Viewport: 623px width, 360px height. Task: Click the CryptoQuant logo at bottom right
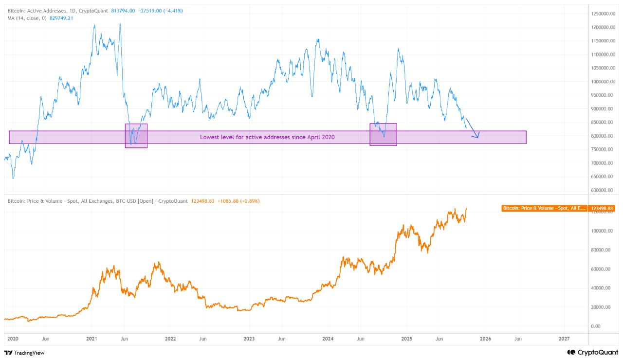tap(593, 352)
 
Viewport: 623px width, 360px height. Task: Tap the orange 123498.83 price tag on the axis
tap(602, 208)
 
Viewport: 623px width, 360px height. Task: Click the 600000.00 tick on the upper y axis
tap(604, 190)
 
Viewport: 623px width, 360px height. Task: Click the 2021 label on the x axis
tap(92, 338)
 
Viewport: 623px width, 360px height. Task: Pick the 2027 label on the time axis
tap(564, 338)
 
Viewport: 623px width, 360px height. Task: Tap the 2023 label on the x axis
tap(249, 338)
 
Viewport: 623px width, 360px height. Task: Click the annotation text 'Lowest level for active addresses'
tap(267, 138)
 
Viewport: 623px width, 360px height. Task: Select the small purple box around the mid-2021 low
tap(136, 136)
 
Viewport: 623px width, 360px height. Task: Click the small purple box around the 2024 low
tap(384, 135)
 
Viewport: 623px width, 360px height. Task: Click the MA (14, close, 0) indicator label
tap(26, 18)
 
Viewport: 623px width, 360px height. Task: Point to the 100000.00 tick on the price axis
tap(602, 231)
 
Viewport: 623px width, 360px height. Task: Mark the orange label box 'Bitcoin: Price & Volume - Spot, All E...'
tap(544, 208)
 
